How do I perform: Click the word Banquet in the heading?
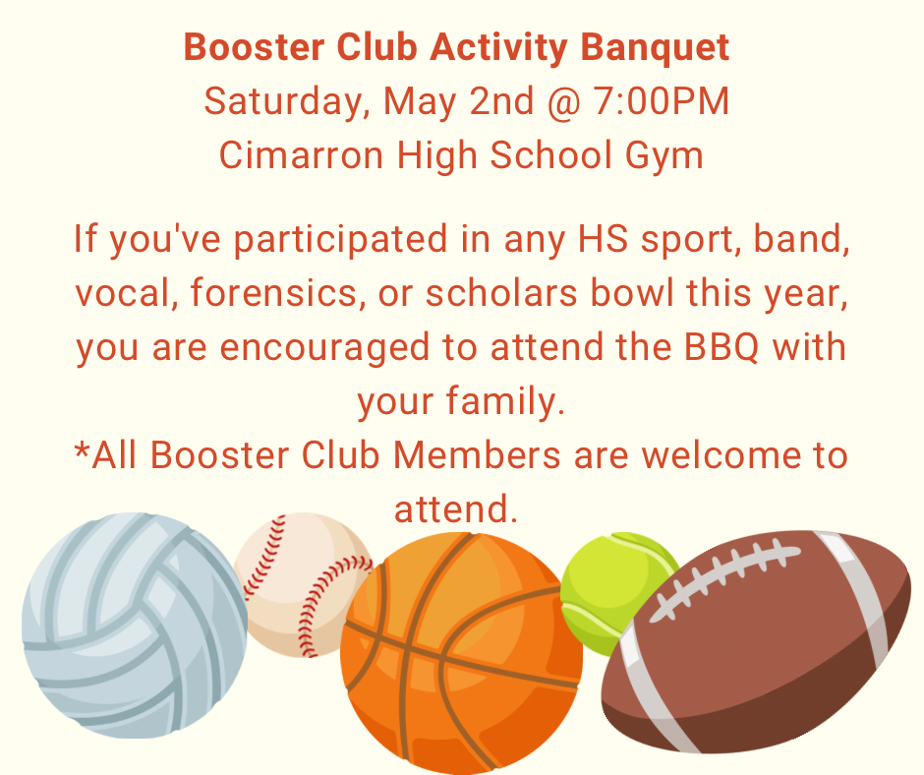click(x=655, y=48)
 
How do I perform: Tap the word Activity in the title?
click(x=498, y=48)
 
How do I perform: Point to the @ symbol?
click(x=563, y=102)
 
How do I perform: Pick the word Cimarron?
click(x=301, y=155)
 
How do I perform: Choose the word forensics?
click(x=274, y=292)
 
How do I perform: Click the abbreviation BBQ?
click(x=722, y=347)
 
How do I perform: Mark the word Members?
click(x=477, y=455)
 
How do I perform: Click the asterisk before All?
click(x=82, y=451)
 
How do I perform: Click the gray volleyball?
click(x=135, y=626)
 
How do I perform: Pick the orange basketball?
click(x=461, y=653)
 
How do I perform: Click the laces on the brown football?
click(x=724, y=580)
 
